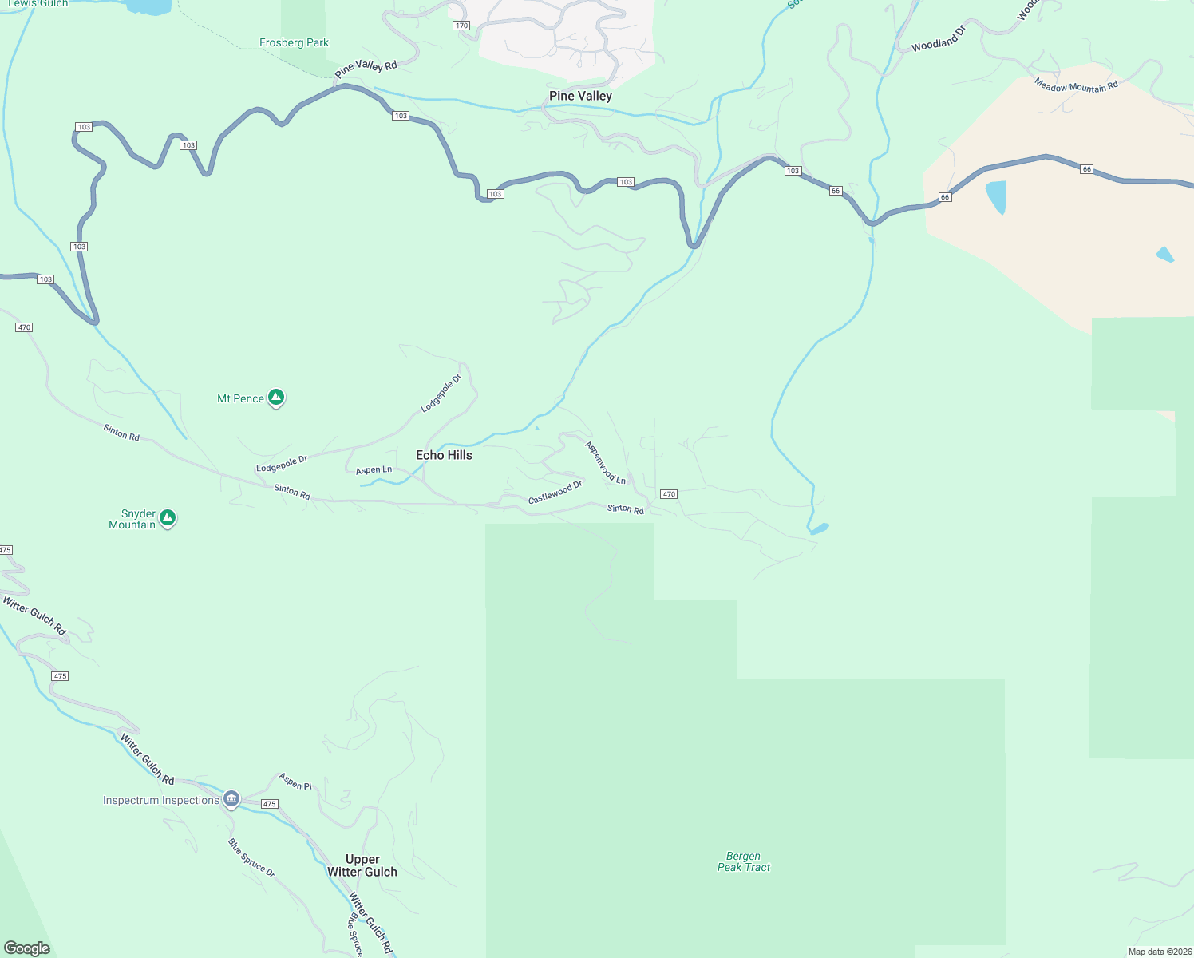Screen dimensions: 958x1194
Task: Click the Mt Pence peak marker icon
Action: (x=276, y=397)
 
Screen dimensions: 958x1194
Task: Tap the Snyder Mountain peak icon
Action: (x=168, y=518)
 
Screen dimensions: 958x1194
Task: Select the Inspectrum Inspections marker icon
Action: (x=231, y=798)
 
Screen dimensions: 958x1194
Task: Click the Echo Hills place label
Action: (x=444, y=455)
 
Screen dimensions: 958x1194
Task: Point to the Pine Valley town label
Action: (x=580, y=96)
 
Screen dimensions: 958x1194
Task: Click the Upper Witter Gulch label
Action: (x=362, y=865)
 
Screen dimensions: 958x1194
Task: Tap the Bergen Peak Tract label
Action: (x=744, y=861)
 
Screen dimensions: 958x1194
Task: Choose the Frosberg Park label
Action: (x=294, y=42)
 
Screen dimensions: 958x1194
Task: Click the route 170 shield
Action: (x=461, y=26)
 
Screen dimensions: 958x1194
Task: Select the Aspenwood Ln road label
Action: (x=605, y=463)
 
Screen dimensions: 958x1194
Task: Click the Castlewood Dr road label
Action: (x=555, y=492)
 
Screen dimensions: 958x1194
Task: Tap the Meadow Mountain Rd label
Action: (x=1076, y=85)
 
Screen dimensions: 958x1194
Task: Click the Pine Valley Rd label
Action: (x=366, y=69)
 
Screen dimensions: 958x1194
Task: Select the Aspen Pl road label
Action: (x=295, y=782)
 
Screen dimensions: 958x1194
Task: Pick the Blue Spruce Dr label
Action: (x=251, y=857)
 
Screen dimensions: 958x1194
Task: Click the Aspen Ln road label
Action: (x=374, y=469)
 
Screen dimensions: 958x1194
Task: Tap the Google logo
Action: (x=27, y=948)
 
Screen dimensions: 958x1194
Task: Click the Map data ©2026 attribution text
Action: (x=1159, y=952)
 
